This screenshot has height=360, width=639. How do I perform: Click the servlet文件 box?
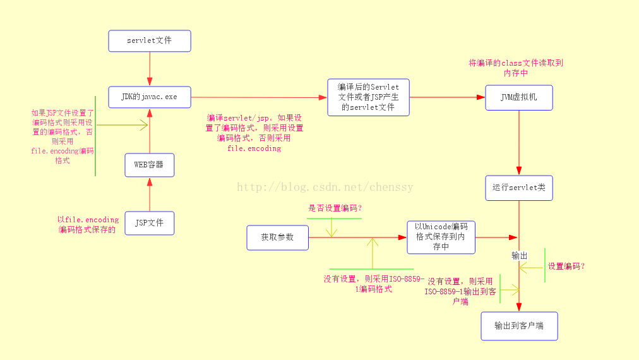[x=150, y=41]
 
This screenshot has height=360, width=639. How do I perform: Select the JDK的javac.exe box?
[x=150, y=97]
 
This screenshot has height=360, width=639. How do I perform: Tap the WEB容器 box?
[x=150, y=165]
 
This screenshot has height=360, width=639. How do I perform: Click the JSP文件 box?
[x=150, y=223]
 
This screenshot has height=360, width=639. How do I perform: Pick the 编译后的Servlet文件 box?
[x=368, y=97]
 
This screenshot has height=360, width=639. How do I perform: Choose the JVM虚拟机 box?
[x=519, y=98]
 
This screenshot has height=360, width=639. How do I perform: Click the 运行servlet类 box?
[x=519, y=188]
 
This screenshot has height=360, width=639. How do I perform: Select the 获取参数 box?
[x=278, y=237]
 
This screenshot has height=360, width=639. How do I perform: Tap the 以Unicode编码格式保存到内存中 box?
[x=441, y=237]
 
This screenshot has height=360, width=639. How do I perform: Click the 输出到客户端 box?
[x=519, y=326]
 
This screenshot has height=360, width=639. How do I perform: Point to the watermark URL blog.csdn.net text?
[x=325, y=187]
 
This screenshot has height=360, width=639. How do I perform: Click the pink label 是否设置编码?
[x=335, y=208]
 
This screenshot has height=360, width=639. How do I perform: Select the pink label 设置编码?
[x=566, y=267]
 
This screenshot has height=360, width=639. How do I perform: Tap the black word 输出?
[x=519, y=255]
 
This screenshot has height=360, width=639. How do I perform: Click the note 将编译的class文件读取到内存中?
[x=515, y=68]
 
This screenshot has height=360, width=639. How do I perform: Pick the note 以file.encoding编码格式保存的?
[x=88, y=225]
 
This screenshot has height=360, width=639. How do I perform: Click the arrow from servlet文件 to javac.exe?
[x=150, y=68]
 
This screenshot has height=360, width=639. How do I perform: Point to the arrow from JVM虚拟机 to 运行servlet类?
[x=519, y=143]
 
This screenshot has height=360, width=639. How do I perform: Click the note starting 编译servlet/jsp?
[x=254, y=133]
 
